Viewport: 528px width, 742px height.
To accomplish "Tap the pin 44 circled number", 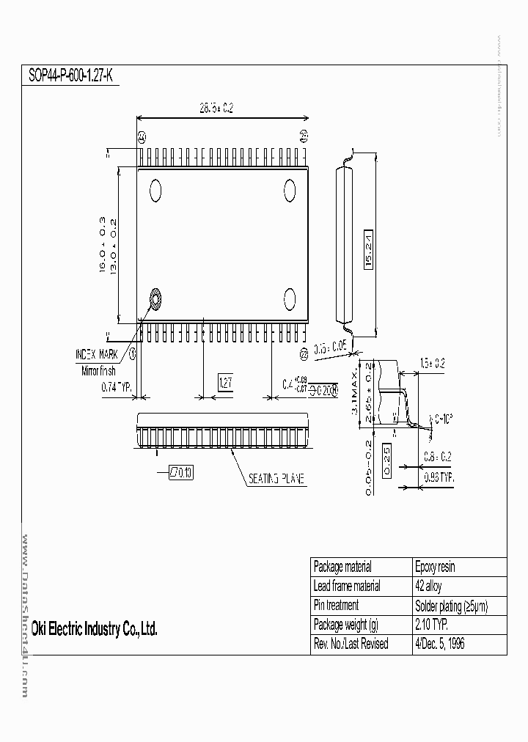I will point(142,136).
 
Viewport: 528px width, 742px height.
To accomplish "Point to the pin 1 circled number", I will point(133,353).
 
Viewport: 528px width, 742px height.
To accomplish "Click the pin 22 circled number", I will point(304,353).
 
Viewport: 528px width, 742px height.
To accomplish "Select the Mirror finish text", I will point(98,371).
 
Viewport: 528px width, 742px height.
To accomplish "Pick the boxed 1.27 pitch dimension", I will point(226,382).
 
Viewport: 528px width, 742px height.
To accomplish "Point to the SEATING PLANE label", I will point(276,479).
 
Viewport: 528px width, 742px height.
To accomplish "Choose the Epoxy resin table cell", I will point(436,567).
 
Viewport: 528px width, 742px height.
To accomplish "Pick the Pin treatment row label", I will point(336,606).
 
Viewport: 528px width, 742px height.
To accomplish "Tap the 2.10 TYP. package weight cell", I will point(432,625).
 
